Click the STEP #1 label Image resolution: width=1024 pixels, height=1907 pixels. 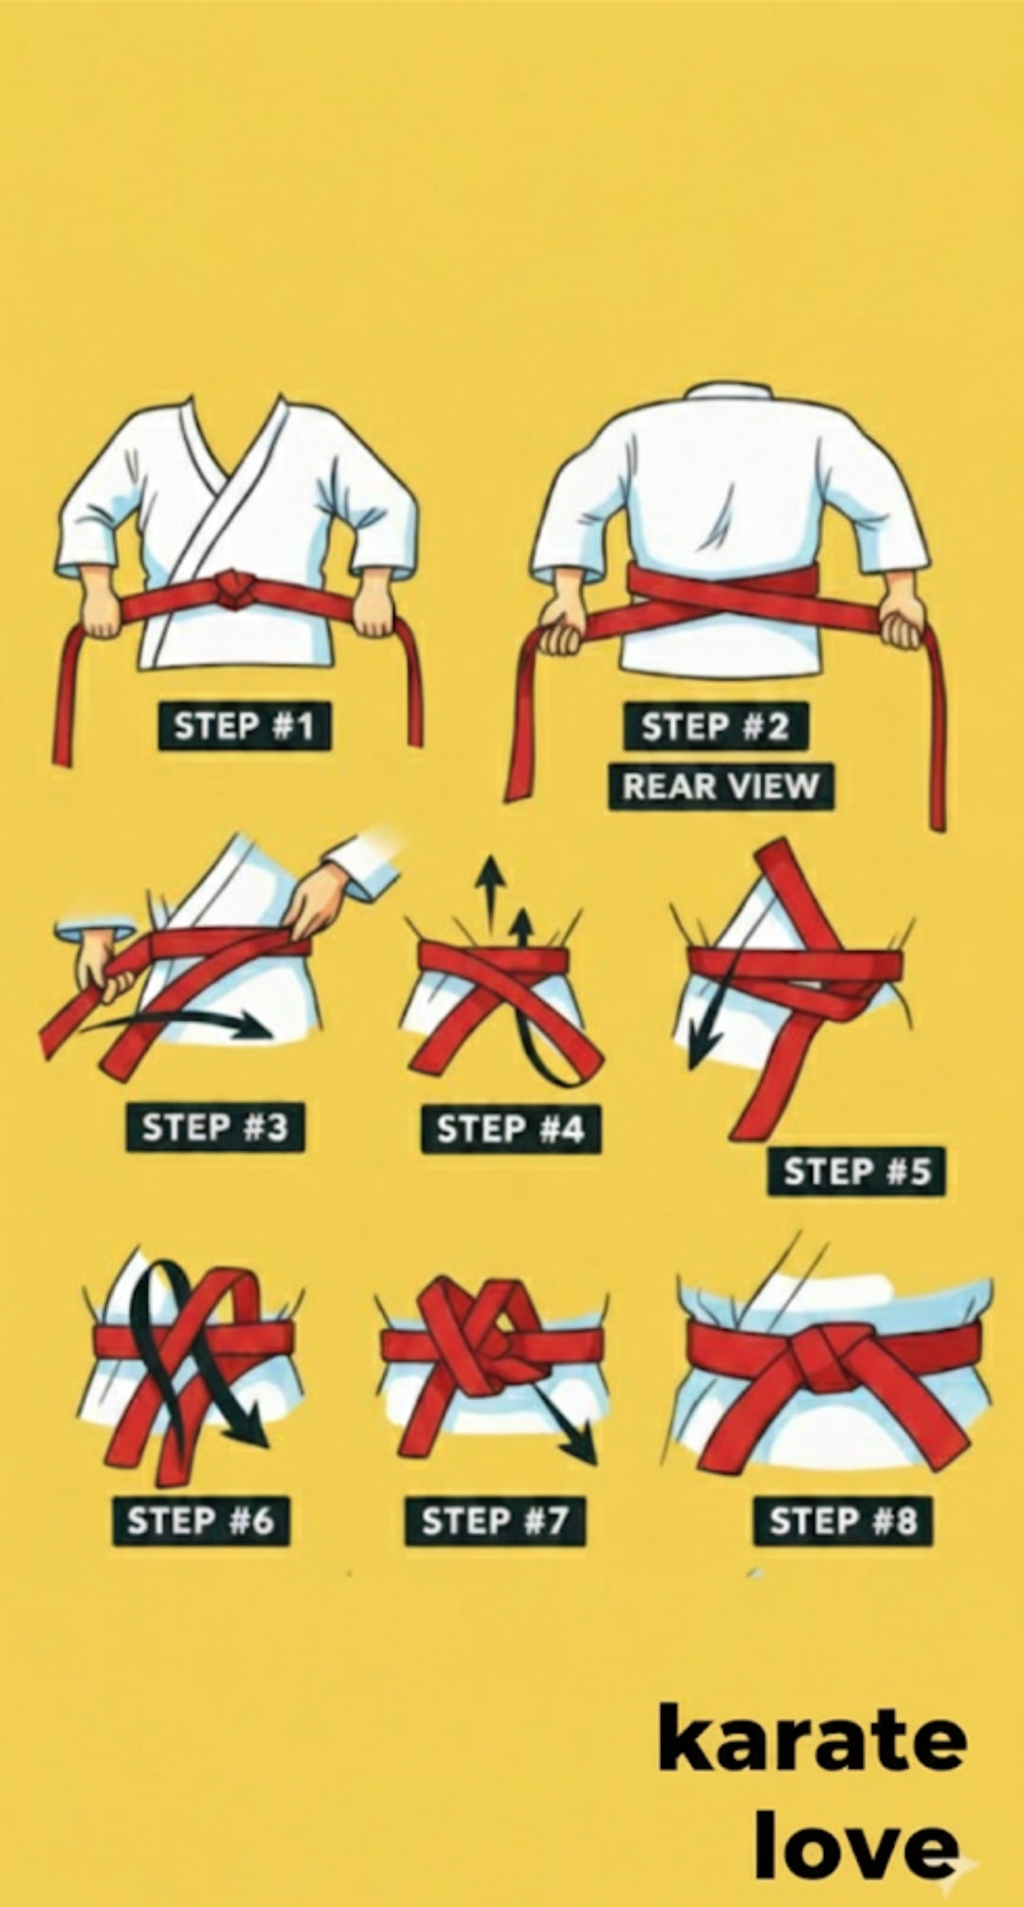[x=244, y=726]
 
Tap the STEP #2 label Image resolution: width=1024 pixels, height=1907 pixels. [x=716, y=727]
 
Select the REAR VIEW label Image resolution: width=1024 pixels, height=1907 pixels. [x=721, y=786]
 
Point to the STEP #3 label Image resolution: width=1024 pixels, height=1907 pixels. [x=215, y=1128]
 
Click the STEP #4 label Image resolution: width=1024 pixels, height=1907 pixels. [x=510, y=1129]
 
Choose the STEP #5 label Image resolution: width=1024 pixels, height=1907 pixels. [x=857, y=1171]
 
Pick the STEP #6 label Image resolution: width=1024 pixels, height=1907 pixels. [x=201, y=1520]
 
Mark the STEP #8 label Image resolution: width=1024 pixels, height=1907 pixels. [x=843, y=1520]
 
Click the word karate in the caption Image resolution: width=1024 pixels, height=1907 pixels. [x=813, y=1738]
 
